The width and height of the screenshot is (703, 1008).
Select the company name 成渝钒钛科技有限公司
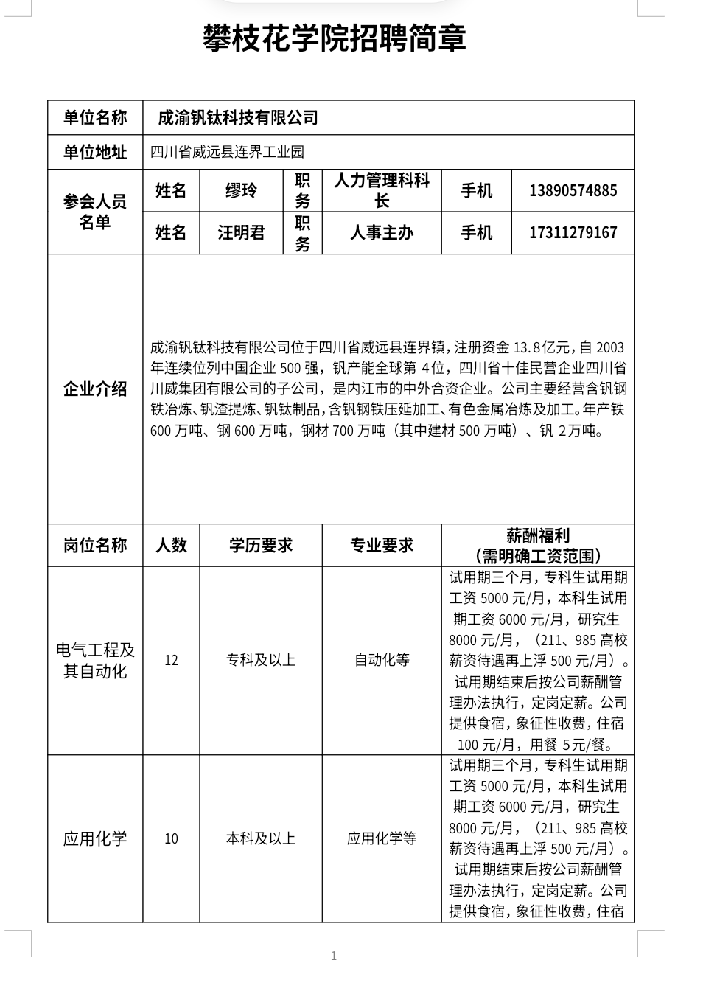(238, 118)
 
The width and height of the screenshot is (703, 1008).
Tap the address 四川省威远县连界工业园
(227, 153)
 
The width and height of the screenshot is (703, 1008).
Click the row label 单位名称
(95, 118)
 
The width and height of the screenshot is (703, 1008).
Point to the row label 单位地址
(95, 153)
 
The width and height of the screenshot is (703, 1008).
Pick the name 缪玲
(241, 191)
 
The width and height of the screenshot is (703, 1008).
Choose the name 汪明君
(241, 233)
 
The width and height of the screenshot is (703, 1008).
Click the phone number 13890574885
(573, 191)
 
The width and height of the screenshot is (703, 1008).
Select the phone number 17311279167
(573, 233)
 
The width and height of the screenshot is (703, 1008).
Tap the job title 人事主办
(382, 233)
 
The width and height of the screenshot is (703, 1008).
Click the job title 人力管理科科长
(382, 190)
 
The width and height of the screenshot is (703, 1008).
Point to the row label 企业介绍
(95, 389)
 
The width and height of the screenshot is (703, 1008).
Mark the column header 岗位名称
(95, 546)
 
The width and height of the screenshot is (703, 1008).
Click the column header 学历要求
(261, 546)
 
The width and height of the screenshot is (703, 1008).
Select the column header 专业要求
(382, 546)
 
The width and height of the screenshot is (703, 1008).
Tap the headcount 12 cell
(171, 660)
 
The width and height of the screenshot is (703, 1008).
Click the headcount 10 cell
(171, 838)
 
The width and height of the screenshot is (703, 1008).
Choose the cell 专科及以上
(261, 660)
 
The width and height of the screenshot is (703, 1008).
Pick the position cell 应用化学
(95, 838)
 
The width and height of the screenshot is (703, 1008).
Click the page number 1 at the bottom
(334, 956)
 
